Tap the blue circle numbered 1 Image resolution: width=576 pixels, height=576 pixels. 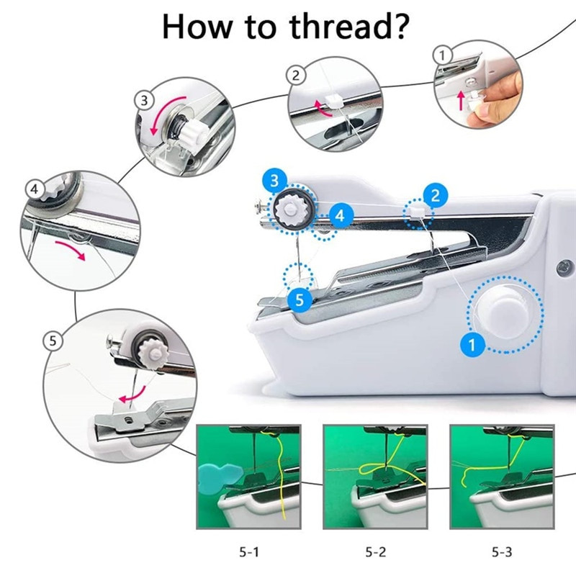[472, 345]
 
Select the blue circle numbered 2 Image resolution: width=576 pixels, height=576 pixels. [436, 195]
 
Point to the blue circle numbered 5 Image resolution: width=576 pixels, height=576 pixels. [300, 300]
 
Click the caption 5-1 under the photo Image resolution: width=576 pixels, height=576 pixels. [249, 552]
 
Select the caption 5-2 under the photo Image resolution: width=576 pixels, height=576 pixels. [375, 552]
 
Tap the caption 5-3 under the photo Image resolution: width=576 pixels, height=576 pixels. [502, 552]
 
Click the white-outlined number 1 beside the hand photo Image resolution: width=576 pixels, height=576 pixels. [443, 55]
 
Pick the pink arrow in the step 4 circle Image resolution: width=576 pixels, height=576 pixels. [71, 250]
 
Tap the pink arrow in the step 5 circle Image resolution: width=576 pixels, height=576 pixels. [132, 395]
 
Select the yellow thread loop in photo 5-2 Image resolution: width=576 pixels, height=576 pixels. [372, 469]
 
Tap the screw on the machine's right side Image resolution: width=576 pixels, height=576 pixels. [564, 268]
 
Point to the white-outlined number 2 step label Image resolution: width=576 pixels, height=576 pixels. [296, 76]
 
